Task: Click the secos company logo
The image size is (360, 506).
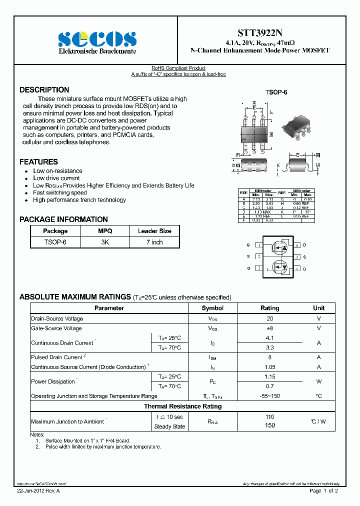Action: click(x=97, y=39)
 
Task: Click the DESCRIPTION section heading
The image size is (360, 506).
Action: click(x=44, y=90)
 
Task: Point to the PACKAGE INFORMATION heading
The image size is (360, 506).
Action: click(x=63, y=219)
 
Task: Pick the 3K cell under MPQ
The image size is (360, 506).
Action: click(x=105, y=242)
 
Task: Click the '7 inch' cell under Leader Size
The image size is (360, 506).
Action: click(x=154, y=242)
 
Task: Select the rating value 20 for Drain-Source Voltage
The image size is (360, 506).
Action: click(x=270, y=318)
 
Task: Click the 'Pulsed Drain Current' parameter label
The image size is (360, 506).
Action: click(x=56, y=357)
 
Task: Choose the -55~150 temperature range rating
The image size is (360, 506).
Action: click(x=270, y=396)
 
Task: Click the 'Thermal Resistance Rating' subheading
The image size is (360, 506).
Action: click(x=182, y=406)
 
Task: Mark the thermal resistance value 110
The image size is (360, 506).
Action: click(x=270, y=417)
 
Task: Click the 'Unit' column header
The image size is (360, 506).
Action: click(x=318, y=308)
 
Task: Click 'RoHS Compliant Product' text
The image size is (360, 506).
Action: click(x=178, y=68)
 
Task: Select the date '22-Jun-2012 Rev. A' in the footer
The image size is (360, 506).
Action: click(x=38, y=491)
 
